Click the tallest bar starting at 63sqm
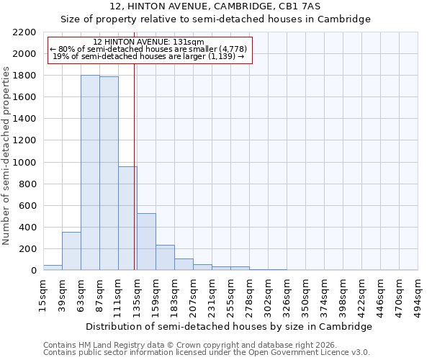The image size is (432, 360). pos(90,173)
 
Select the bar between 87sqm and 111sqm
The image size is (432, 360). pos(109,174)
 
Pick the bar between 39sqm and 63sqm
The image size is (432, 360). pos(71,251)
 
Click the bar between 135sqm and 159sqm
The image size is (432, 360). pos(146,242)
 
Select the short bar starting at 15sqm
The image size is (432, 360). pos(53,268)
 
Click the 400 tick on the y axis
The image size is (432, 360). pos(28,228)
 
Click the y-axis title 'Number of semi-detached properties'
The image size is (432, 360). pos(6,156)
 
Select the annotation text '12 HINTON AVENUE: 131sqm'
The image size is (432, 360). pos(150,42)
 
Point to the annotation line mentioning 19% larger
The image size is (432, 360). pos(150,56)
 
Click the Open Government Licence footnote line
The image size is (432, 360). pos(207,352)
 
